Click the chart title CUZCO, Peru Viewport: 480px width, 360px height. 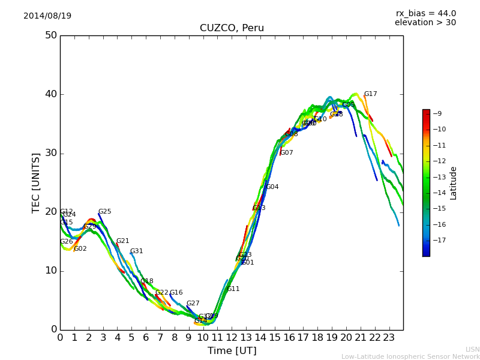point(232,28)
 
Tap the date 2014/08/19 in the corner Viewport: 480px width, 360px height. point(47,16)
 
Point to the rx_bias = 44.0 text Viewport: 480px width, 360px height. point(425,13)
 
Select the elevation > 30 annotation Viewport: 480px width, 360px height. point(425,23)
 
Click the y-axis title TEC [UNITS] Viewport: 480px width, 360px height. point(37,182)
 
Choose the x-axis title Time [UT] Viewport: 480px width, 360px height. point(232,350)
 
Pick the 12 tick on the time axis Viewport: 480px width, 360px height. point(232,337)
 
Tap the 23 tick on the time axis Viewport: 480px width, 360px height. point(389,337)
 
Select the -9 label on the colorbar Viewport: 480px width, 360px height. point(437,113)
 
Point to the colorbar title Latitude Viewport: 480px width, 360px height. point(454,183)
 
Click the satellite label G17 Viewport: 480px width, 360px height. point(371,94)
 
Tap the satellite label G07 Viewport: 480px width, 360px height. point(287,153)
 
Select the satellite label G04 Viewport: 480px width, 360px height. point(272,187)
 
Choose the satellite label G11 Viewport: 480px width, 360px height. point(233,289)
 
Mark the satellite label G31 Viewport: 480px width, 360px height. point(137,251)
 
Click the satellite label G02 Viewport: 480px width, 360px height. point(80,249)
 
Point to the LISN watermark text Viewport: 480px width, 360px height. point(473,349)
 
